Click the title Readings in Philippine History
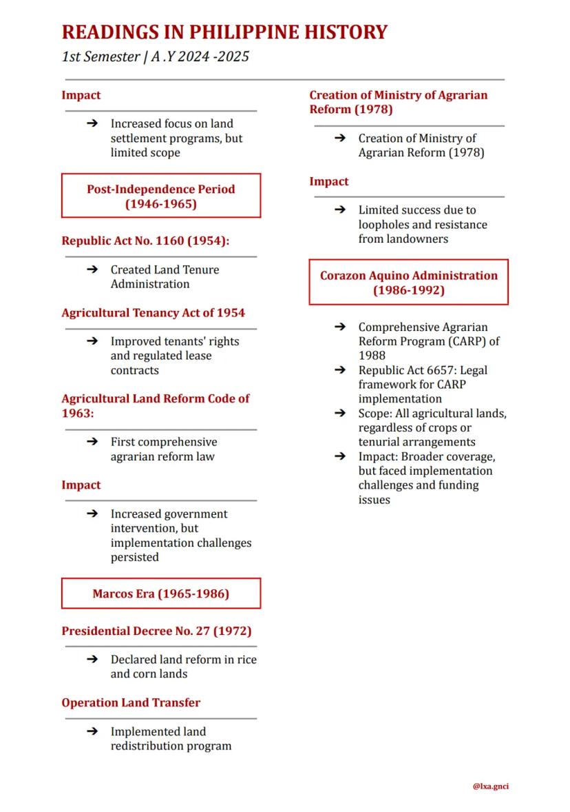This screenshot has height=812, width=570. tap(224, 32)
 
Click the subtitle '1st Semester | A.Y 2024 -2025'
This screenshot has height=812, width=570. tap(156, 57)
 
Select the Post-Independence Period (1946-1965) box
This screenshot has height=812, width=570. tap(161, 196)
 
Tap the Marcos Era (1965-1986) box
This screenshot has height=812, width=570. tap(161, 593)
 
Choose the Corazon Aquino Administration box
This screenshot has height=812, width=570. tap(408, 282)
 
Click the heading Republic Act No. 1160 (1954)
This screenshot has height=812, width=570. tap(145, 241)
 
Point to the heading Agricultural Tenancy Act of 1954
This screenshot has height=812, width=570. tap(153, 312)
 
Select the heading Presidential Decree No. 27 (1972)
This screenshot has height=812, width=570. tap(156, 631)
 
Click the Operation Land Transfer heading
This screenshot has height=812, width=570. tap(131, 702)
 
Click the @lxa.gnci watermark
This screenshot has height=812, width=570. tap(491, 786)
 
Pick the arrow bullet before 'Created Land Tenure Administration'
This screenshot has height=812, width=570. tap(92, 270)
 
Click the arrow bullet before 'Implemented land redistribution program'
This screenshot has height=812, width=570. tap(92, 731)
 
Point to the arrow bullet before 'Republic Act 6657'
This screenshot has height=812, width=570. tap(340, 370)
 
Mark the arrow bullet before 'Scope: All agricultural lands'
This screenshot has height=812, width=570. tap(340, 414)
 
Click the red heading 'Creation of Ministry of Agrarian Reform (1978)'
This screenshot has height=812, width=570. tap(398, 102)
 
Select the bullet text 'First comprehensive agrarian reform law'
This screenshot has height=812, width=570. tap(163, 449)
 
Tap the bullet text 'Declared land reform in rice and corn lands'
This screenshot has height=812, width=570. tap(183, 667)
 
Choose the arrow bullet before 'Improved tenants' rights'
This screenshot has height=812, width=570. tap(92, 341)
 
